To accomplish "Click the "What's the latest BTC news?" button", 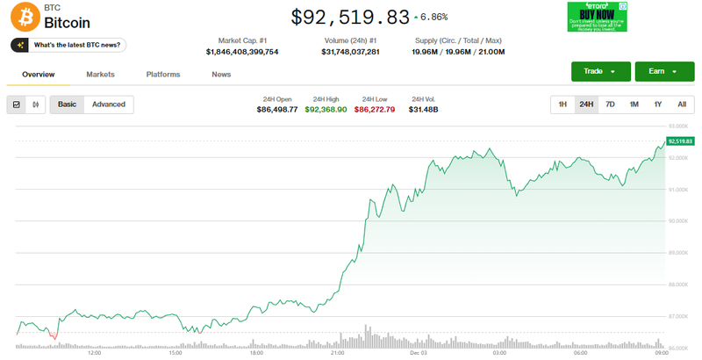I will [68, 45].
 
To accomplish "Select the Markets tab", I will [100, 75].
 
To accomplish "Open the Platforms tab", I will [163, 75].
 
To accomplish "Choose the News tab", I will [221, 75].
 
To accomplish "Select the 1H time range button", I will [562, 104].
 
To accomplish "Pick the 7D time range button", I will [610, 104].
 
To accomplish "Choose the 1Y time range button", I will [657, 104].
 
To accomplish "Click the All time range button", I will [681, 104].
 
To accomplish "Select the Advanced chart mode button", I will [109, 104].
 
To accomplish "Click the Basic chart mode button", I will [67, 104].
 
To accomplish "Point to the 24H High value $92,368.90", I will [326, 110].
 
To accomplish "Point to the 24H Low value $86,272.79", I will [375, 110].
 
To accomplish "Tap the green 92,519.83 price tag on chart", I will [680, 140].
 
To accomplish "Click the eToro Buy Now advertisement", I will [597, 18].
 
